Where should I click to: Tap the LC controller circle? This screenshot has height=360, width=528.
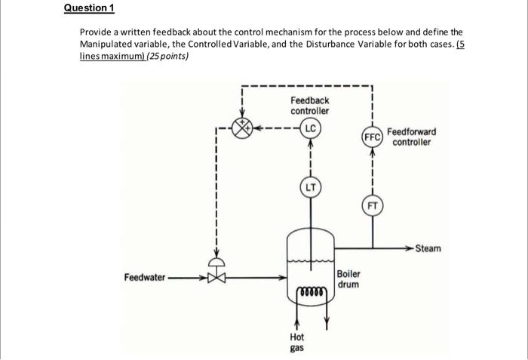310,128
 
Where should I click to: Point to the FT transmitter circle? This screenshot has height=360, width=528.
372,205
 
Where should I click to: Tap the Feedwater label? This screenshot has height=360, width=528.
144,277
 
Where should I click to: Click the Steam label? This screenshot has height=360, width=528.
428,248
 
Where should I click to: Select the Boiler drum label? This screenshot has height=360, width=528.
348,279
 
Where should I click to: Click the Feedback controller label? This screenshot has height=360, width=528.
309,106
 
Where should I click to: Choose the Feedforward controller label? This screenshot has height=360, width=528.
411,137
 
